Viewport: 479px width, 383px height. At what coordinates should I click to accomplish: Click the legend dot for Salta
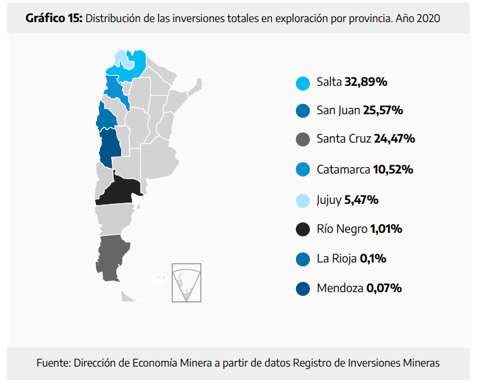click(302, 83)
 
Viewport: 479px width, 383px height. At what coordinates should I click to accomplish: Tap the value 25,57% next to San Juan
click(382, 110)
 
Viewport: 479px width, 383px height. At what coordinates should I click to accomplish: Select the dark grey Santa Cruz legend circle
click(302, 139)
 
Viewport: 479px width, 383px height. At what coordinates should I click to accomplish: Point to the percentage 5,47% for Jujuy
click(361, 200)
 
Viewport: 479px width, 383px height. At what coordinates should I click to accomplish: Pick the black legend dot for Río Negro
click(302, 229)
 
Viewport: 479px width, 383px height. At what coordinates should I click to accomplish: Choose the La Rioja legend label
click(337, 258)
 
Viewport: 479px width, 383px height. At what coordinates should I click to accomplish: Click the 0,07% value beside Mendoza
click(384, 288)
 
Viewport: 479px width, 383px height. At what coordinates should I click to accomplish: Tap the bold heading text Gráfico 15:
click(54, 18)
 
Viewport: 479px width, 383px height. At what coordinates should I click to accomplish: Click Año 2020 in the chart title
click(418, 18)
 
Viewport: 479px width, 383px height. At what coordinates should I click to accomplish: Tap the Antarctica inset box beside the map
click(186, 282)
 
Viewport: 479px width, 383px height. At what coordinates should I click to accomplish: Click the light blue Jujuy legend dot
click(302, 201)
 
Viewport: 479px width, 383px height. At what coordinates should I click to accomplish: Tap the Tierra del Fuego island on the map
click(129, 294)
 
